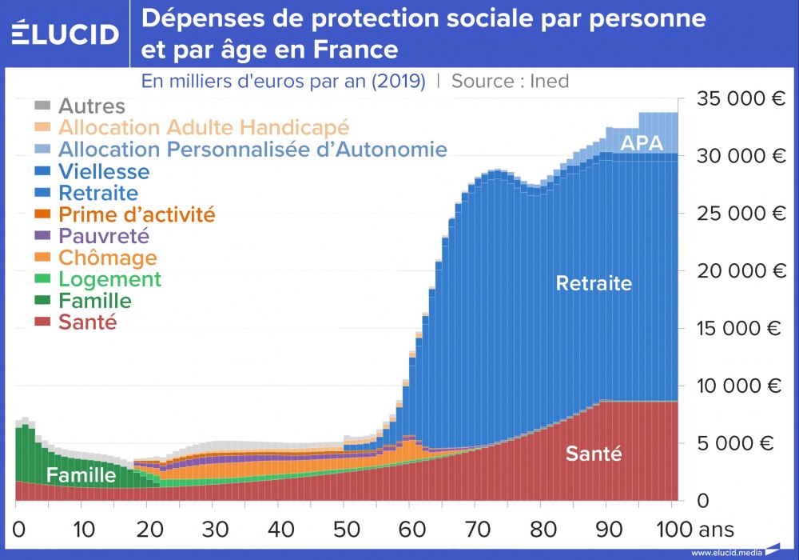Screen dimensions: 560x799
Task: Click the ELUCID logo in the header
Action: pyautogui.click(x=66, y=34)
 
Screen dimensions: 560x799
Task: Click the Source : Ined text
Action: pyautogui.click(x=510, y=81)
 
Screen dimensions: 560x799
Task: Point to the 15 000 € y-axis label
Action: pyautogui.click(x=742, y=328)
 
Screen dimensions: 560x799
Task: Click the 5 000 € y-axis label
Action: pyautogui.click(x=747, y=443)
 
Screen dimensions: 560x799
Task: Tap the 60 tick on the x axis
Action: pyautogui.click(x=411, y=529)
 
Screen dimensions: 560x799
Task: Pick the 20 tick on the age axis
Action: pyautogui.click(x=149, y=529)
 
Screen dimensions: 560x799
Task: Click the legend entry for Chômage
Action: pyautogui.click(x=107, y=258)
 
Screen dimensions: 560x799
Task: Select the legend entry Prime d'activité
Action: pyautogui.click(x=136, y=214)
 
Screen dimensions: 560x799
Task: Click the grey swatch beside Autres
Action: pyautogui.click(x=43, y=106)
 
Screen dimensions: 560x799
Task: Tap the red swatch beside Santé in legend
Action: pyautogui.click(x=43, y=322)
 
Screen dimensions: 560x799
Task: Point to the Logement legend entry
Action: pyautogui.click(x=109, y=279)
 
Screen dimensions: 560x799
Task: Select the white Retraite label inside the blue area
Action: pyautogui.click(x=594, y=283)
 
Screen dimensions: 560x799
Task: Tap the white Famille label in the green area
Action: pyautogui.click(x=81, y=475)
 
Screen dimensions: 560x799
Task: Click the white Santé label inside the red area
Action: pyautogui.click(x=594, y=454)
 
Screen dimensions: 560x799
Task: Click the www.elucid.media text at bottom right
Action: pyautogui.click(x=725, y=552)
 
